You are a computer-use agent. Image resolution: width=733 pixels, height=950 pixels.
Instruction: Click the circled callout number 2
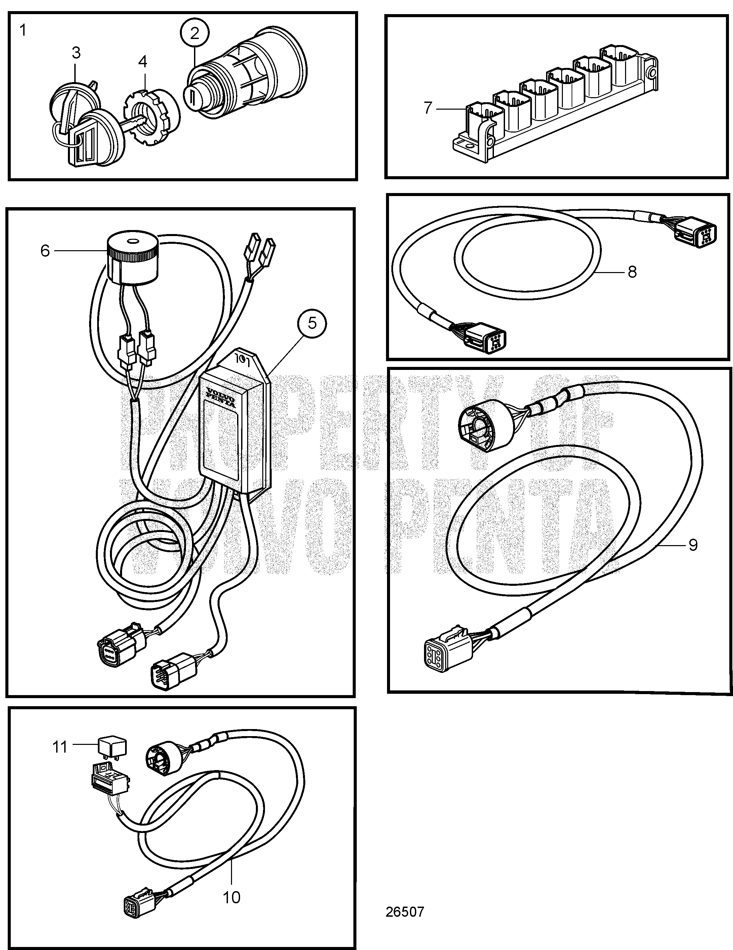click(x=194, y=33)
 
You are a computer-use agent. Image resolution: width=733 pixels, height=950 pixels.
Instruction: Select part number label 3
click(x=76, y=53)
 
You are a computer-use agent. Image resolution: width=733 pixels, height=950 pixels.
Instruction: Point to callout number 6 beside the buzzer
click(x=45, y=251)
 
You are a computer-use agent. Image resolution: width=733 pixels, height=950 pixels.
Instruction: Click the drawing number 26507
click(x=404, y=924)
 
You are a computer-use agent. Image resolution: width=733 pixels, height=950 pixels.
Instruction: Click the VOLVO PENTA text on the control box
click(x=221, y=397)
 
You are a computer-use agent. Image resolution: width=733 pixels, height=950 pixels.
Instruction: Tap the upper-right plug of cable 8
click(x=695, y=232)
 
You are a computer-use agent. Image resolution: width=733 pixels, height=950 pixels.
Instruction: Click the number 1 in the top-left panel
click(x=23, y=31)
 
